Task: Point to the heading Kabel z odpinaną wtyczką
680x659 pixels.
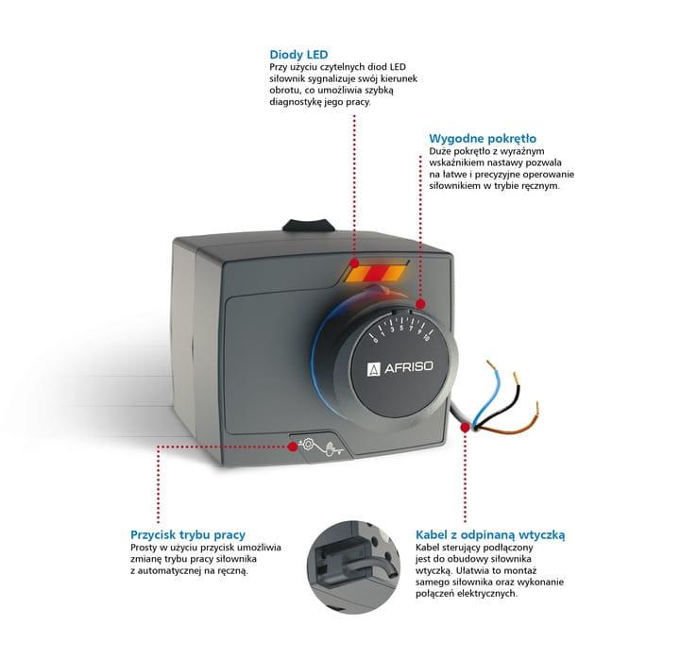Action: [489, 534]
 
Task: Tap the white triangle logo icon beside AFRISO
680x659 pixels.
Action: [373, 369]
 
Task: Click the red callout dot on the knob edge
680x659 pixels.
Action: [420, 306]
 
